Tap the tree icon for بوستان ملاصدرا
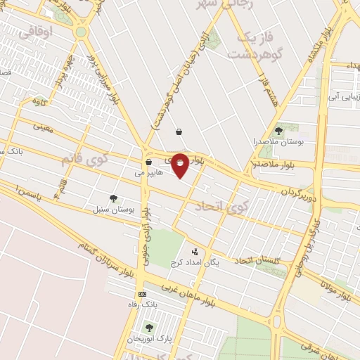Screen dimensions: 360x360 (278, 130)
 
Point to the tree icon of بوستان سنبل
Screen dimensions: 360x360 (113, 198)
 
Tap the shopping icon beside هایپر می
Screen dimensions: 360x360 (148, 161)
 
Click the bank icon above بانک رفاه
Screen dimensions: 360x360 (143, 294)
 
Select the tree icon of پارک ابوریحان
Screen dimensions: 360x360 (148, 327)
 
